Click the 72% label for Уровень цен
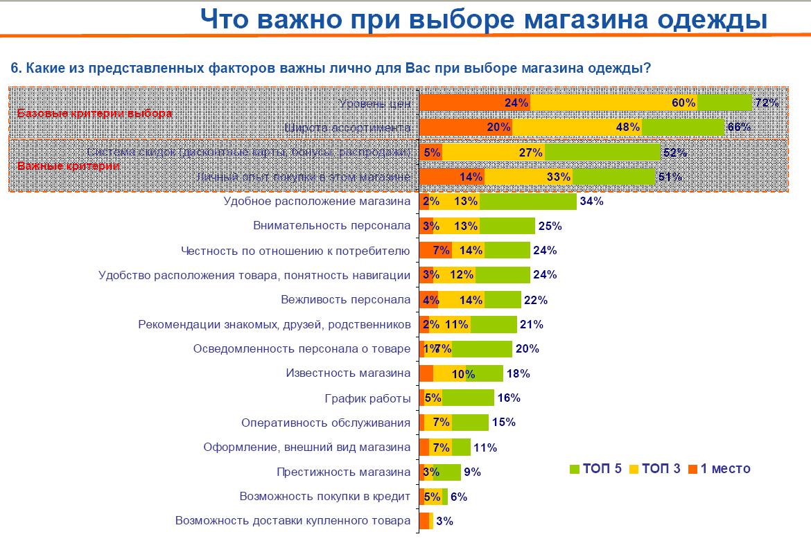(767, 103)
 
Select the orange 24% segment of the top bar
(475, 103)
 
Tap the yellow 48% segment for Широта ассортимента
(577, 127)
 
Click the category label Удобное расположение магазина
(317, 202)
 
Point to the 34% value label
(592, 202)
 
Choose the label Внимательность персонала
(332, 226)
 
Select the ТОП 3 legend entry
(655, 469)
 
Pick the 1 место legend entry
(720, 469)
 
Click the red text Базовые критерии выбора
(94, 114)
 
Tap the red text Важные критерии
(68, 166)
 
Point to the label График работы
(367, 398)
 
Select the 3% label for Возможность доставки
(444, 521)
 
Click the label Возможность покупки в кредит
(324, 496)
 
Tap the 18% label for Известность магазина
(518, 374)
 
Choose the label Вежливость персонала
(346, 300)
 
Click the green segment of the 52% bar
(603, 152)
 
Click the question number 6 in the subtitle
(15, 68)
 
